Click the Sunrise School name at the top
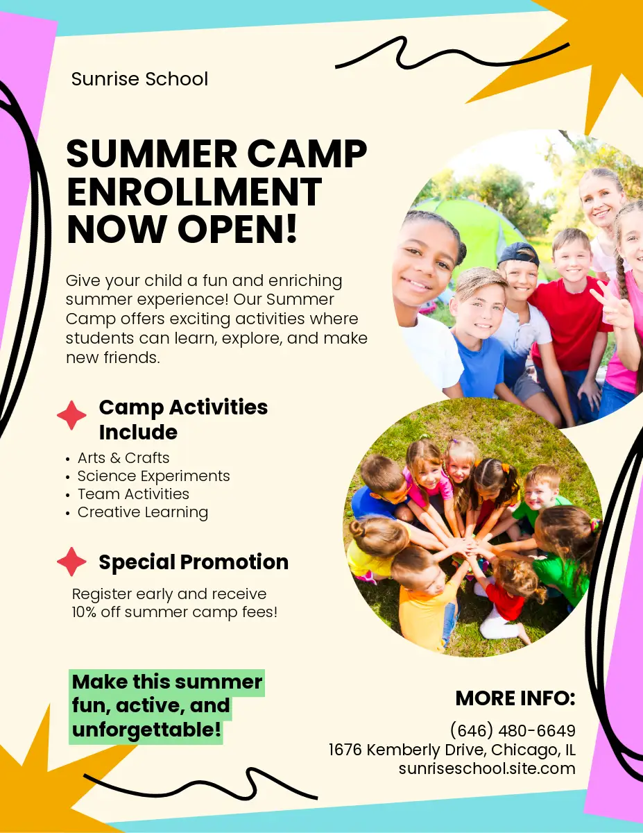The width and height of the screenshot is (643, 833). (x=140, y=79)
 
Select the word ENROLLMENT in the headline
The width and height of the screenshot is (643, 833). (x=194, y=192)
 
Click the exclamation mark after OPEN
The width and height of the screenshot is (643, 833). (x=292, y=228)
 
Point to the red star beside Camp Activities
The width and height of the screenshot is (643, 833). (x=71, y=415)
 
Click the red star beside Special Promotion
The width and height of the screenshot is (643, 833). (x=71, y=562)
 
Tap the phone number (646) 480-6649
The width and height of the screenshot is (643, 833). (x=513, y=731)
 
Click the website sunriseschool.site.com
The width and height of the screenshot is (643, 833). (x=487, y=768)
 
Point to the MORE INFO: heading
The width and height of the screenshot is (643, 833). (x=515, y=698)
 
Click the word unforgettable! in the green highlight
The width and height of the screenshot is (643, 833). (x=146, y=729)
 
